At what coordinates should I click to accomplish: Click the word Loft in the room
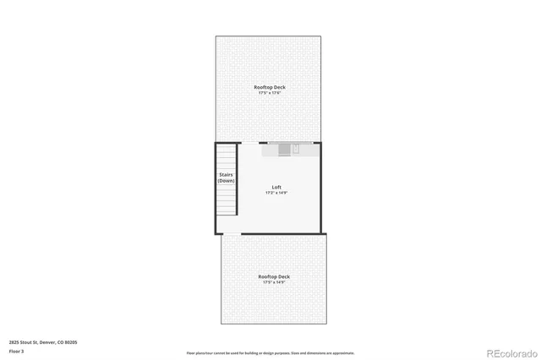click(x=276, y=187)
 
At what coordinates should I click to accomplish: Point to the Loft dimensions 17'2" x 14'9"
click(x=276, y=193)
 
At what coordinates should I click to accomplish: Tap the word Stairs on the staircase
click(x=226, y=175)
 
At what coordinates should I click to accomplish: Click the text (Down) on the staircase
click(x=226, y=181)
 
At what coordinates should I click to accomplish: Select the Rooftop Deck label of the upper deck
click(x=268, y=87)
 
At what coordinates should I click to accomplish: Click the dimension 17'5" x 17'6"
click(x=268, y=93)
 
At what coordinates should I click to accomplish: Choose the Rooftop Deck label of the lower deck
click(x=274, y=276)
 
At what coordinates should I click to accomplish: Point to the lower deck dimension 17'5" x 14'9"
click(x=274, y=282)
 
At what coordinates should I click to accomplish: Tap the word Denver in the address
click(x=49, y=341)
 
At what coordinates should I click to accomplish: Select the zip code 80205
click(x=71, y=341)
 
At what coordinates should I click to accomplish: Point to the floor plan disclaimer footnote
click(x=270, y=353)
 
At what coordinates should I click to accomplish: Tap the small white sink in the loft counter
click(x=296, y=149)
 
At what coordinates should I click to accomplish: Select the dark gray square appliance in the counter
click(x=283, y=149)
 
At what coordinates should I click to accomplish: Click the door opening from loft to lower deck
click(x=231, y=233)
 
